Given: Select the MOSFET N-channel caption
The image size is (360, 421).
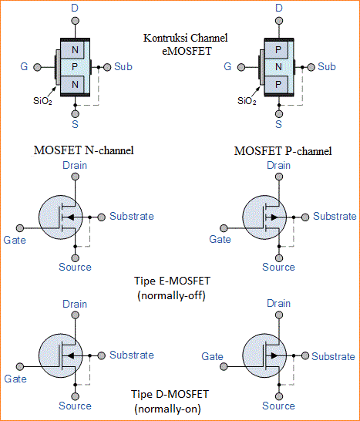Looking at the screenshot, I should [x=85, y=150].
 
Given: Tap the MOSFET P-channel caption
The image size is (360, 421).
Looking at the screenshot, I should [x=284, y=150].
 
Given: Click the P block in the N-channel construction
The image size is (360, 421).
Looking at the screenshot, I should [x=75, y=67].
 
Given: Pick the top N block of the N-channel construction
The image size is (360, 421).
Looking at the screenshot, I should [x=75, y=50].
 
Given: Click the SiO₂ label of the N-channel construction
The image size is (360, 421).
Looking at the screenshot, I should [x=43, y=100].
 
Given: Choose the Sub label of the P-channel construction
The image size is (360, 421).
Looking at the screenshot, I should [x=327, y=67].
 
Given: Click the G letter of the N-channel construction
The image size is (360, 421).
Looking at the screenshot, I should [x=24, y=67].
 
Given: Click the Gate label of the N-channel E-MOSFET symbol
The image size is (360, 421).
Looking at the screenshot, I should [x=15, y=240].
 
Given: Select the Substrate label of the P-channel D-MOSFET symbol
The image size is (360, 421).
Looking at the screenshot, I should [x=334, y=356].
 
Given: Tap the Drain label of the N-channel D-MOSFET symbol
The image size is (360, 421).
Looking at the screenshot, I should [x=75, y=304].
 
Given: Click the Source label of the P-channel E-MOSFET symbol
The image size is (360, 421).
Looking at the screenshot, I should [x=278, y=267].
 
